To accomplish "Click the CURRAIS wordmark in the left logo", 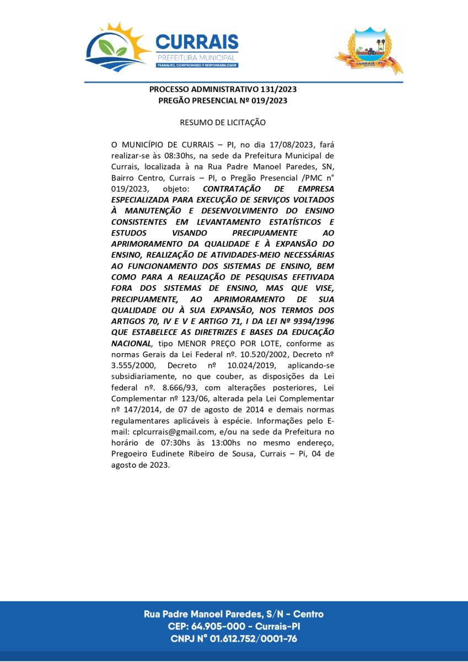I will click(x=197, y=42).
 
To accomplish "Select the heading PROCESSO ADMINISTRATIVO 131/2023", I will click(x=223, y=89).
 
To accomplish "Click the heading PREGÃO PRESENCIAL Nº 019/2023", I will click(x=223, y=100).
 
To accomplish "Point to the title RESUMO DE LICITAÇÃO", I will click(x=223, y=122).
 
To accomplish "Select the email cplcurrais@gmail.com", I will click(x=173, y=431).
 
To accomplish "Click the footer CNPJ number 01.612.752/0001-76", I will click(x=260, y=639).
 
